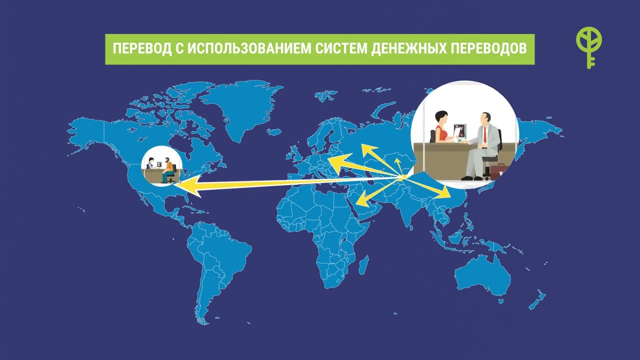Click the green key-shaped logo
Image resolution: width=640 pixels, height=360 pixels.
tap(589, 47)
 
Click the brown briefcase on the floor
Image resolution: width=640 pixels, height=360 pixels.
tap(498, 171)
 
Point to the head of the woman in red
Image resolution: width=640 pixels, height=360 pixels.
tap(441, 118)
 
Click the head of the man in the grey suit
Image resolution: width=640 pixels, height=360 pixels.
tap(484, 119)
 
